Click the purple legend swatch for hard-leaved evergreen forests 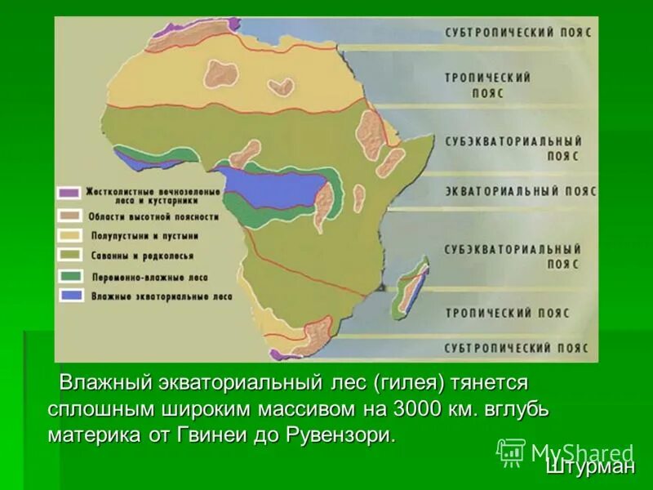tap(69, 194)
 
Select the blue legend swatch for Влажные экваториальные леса tap(69, 294)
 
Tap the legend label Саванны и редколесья tap(143, 256)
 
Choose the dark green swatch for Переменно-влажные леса tap(69, 275)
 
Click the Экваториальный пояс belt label tap(520, 191)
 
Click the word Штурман tap(589, 466)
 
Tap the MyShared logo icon tap(511, 452)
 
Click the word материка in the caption tap(89, 434)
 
